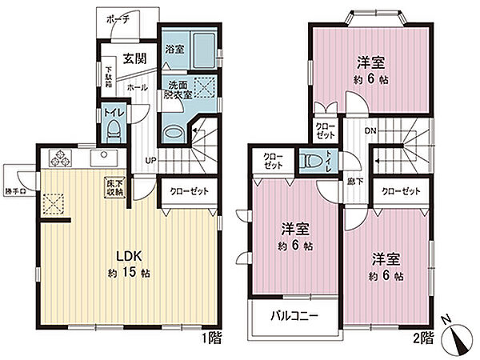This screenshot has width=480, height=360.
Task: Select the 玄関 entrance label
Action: tap(134, 58)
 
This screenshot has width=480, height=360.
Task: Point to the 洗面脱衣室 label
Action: tap(178, 90)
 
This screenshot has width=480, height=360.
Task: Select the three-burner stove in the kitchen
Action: tap(62, 156)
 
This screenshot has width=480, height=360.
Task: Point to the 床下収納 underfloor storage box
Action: tap(113, 187)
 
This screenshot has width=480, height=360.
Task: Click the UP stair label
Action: tap(150, 160)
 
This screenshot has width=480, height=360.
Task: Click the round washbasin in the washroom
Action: tap(172, 132)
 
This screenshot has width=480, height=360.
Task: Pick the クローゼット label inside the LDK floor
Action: tap(189, 192)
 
